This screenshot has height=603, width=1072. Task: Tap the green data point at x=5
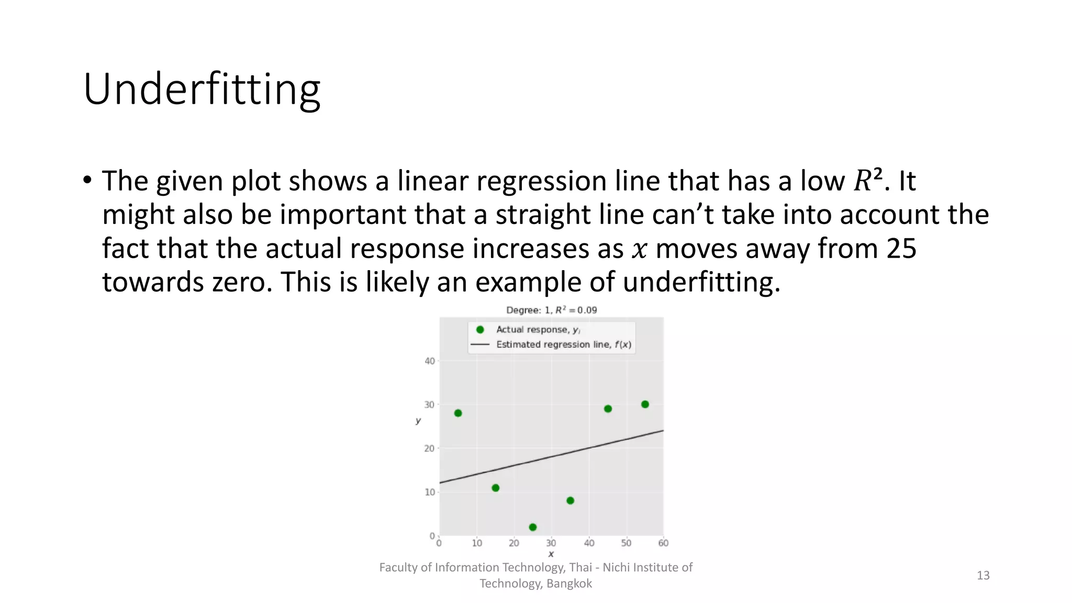[458, 413]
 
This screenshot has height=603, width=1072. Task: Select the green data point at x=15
[496, 488]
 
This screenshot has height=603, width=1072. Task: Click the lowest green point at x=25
[533, 527]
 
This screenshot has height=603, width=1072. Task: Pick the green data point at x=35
[571, 500]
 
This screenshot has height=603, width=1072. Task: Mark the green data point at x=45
[608, 409]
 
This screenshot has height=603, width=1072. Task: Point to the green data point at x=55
[645, 404]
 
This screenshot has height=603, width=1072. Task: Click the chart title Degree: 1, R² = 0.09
[551, 310]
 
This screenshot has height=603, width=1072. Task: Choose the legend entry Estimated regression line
[563, 344]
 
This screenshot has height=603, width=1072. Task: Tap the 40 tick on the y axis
[429, 361]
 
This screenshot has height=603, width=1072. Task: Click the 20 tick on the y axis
[429, 448]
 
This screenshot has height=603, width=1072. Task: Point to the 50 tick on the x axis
[626, 543]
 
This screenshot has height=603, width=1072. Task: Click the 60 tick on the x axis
[663, 543]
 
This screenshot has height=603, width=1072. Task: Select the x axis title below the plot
[551, 554]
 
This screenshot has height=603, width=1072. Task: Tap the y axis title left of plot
[418, 420]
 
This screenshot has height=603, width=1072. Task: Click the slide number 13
[982, 575]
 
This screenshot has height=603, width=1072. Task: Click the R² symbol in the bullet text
[868, 181]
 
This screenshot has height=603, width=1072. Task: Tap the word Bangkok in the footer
[569, 584]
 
